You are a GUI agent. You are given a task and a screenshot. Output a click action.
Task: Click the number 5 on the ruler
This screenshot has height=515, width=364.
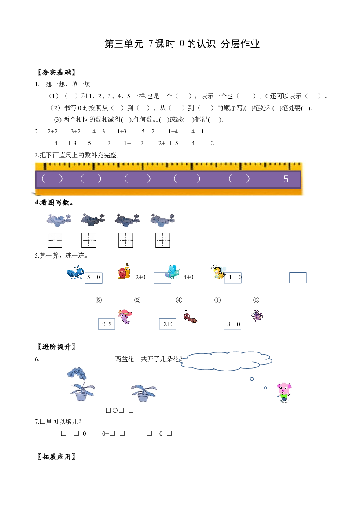click(286, 179)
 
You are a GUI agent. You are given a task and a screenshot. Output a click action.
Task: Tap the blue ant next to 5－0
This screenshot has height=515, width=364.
click(75, 273)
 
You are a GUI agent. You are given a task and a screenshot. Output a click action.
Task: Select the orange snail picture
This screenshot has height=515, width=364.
click(124, 272)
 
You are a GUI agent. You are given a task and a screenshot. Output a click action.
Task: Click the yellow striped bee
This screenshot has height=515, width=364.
click(218, 272)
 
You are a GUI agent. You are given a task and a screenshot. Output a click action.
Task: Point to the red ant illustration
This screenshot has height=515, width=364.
click(191, 317)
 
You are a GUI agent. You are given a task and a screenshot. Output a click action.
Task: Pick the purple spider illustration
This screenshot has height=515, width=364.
click(257, 315)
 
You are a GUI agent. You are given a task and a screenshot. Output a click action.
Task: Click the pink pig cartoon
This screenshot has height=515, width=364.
click(284, 392)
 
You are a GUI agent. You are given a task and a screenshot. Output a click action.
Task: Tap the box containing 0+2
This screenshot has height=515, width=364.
click(107, 324)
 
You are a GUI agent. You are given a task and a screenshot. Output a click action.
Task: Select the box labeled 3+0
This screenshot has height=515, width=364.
click(168, 324)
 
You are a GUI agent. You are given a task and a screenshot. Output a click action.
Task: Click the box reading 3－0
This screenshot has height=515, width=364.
click(232, 324)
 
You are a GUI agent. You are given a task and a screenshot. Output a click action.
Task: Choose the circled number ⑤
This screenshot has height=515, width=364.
click(99, 300)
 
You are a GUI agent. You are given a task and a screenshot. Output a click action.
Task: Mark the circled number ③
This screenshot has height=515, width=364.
click(256, 300)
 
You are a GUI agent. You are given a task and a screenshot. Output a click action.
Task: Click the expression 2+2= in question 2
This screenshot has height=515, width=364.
click(55, 131)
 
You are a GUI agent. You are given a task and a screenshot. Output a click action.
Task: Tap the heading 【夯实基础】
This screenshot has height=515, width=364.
click(56, 72)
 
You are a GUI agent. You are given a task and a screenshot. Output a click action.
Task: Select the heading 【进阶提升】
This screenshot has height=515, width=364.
click(56, 347)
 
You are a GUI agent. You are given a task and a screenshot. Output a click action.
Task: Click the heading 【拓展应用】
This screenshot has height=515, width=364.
click(56, 456)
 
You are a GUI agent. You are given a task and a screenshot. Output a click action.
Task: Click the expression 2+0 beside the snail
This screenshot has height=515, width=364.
click(140, 277)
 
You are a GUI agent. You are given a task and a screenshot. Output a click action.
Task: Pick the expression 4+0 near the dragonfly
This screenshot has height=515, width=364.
click(188, 277)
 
